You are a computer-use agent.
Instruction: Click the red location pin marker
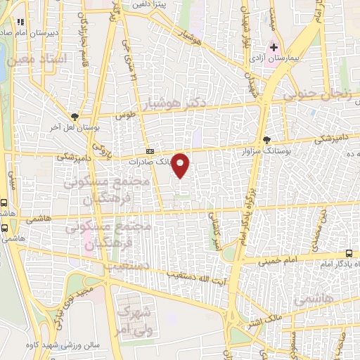coord(181,165)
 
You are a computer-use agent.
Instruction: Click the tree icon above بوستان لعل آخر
coord(75,117)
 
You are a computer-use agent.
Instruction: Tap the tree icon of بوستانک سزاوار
coord(266,139)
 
